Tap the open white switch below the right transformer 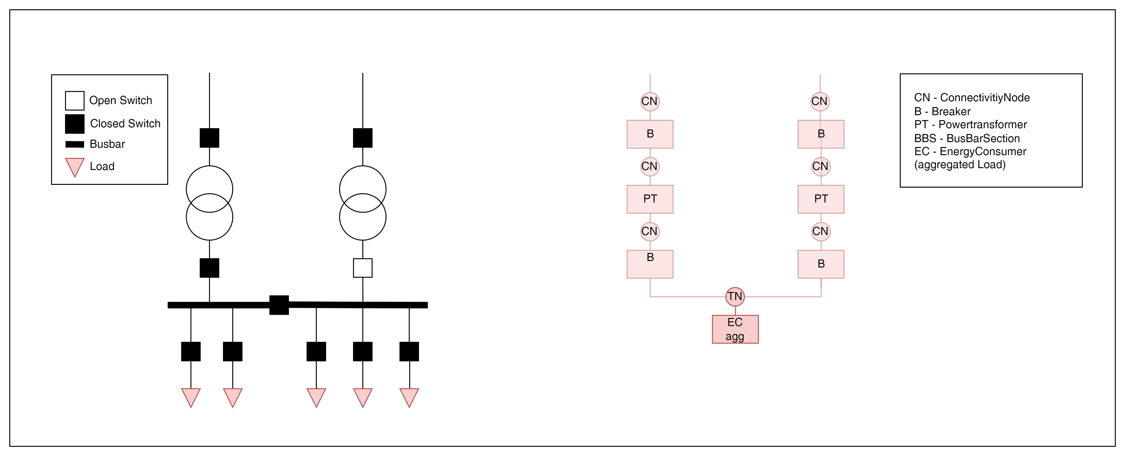(x=363, y=268)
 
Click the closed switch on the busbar (x=279, y=305)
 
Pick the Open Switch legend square (x=75, y=100)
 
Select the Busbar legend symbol (x=75, y=144)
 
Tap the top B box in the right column (x=821, y=134)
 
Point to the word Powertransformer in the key (x=983, y=124)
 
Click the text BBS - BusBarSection (x=967, y=139)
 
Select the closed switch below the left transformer (x=209, y=268)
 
